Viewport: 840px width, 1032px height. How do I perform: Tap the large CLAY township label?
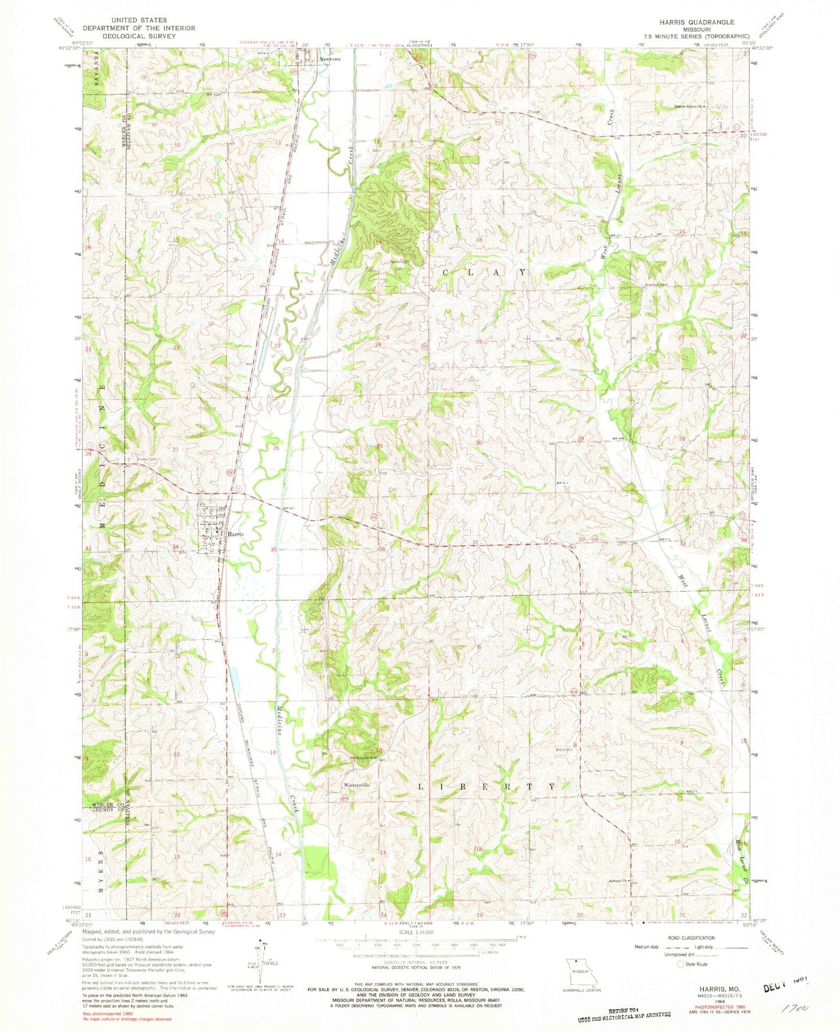pyautogui.click(x=485, y=272)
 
